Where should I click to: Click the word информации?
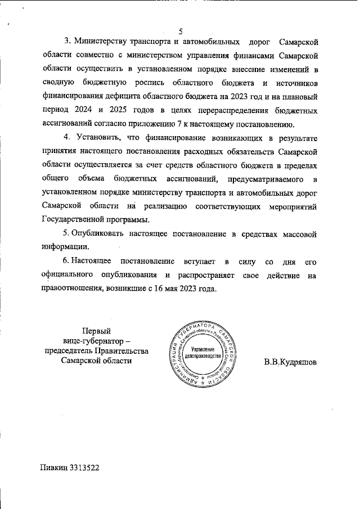coord(65,246)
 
